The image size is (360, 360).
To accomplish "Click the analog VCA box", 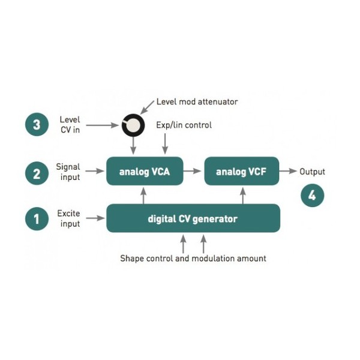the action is coord(145,171).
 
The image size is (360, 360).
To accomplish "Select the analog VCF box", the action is coord(242,171).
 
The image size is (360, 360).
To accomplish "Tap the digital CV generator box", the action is coord(193,218).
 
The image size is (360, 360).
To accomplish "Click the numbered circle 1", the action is coord(37,218).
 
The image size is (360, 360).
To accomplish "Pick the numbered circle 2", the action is coord(37,173).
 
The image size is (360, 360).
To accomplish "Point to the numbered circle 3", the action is coord(37,124).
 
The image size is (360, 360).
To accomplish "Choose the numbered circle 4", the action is coord(312,196).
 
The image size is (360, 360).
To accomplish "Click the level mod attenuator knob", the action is coord(133,125).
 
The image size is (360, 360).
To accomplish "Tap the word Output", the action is coord(312,172).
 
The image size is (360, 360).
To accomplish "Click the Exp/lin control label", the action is coord(184,125).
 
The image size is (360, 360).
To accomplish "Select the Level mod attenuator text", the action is coord(197,102).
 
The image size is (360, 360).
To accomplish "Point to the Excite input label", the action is coord(68,218).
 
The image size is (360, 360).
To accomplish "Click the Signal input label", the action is coord(68,172).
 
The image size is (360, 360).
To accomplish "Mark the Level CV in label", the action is coord(70,125).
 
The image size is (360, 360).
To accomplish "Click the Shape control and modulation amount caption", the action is coord(193,259).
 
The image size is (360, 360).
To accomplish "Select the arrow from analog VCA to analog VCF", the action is coord(193,171).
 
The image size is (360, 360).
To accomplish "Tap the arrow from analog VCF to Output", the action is coord(288,171).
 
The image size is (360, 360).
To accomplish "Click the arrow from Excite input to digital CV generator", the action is coord(95,218).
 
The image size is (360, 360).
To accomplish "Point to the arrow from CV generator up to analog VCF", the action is coord(243,196).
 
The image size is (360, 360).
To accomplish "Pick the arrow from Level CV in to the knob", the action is coord(103,125).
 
